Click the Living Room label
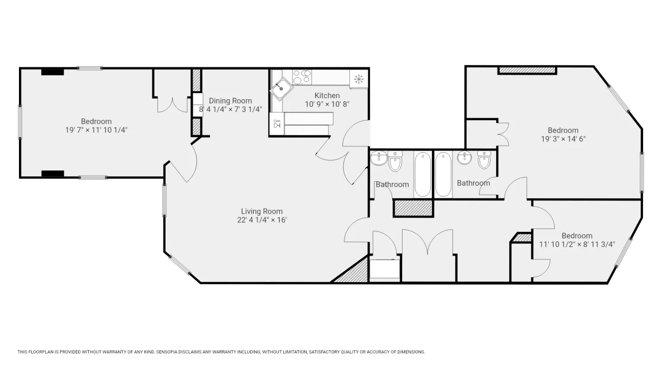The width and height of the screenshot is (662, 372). pos(262,211)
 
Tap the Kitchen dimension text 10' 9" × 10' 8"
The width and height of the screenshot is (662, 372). pos(327,104)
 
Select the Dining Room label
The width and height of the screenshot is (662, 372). pos(230,101)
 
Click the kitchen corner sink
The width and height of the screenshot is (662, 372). pos(281,89)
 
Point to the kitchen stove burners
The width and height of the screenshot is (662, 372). pos(302,77)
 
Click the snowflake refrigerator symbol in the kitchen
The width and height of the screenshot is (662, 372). pos(359,79)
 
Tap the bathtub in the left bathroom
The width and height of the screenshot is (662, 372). pos(422,174)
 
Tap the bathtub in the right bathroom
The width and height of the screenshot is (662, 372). pos(443,174)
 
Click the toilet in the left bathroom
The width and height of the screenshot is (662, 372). pos(395,161)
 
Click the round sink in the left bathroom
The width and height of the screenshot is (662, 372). pos(378,158)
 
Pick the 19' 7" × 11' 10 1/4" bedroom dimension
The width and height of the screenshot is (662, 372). pos(96,130)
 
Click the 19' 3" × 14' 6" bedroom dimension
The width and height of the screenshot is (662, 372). pos(563,139)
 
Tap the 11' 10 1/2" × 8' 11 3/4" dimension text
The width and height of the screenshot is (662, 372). pos(577,244)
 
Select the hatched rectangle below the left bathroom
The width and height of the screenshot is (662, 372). pos(413,208)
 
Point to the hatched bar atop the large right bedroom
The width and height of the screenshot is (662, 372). pos(527,70)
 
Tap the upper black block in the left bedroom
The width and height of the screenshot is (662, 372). pos(53,72)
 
